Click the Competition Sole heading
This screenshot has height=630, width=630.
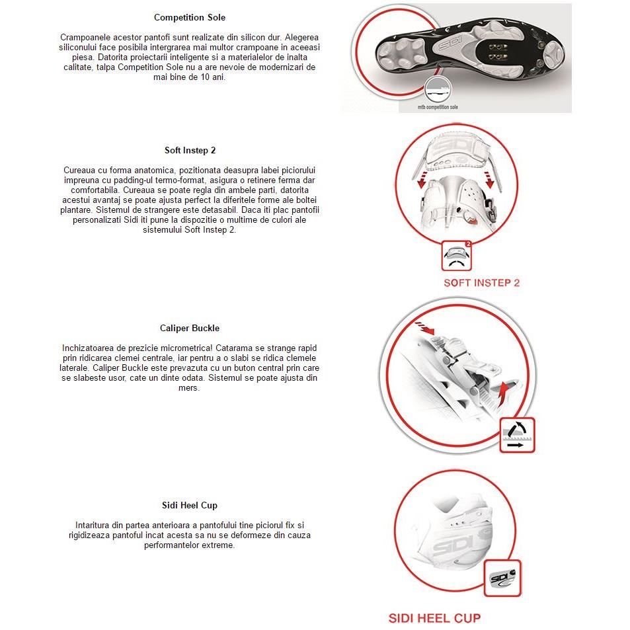(x=189, y=17)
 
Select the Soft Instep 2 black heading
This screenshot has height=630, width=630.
(x=190, y=150)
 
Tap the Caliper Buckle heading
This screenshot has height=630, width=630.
(x=189, y=328)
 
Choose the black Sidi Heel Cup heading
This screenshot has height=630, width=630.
(x=189, y=505)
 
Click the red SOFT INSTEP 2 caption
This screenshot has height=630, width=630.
(x=481, y=283)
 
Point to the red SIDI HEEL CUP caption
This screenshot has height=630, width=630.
(x=434, y=618)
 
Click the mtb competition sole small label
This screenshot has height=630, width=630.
(x=438, y=106)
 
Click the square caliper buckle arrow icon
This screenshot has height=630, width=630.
(x=517, y=435)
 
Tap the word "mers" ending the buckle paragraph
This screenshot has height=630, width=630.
(x=189, y=387)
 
